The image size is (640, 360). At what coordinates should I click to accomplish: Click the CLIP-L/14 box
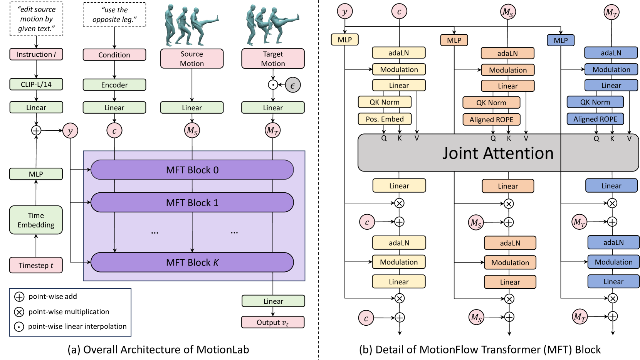click(36, 84)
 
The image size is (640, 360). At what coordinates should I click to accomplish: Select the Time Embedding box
click(36, 220)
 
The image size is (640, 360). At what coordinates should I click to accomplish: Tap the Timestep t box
click(36, 265)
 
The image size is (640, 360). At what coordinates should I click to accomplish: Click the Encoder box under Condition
click(114, 85)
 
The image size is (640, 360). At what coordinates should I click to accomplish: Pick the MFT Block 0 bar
click(192, 170)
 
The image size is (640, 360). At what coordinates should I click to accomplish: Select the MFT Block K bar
click(192, 262)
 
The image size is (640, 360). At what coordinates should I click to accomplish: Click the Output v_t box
click(273, 322)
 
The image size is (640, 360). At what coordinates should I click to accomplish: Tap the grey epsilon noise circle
click(292, 85)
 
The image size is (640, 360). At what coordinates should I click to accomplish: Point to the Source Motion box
click(191, 59)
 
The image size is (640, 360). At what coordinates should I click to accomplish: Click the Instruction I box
click(36, 54)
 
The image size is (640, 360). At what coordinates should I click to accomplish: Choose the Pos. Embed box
click(385, 119)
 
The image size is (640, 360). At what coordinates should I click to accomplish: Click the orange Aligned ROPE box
click(491, 119)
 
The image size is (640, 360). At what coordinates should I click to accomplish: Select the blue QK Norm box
click(595, 102)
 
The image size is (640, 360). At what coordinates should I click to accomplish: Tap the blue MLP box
click(561, 40)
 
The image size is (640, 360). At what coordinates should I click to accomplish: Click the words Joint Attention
click(497, 153)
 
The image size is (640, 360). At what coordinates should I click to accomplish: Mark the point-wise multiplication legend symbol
click(19, 312)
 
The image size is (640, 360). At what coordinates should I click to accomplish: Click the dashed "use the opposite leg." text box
click(114, 15)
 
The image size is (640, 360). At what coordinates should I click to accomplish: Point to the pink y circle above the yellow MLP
click(344, 12)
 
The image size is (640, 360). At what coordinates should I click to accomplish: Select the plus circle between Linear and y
click(36, 130)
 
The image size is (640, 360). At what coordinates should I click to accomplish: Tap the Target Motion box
click(273, 59)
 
